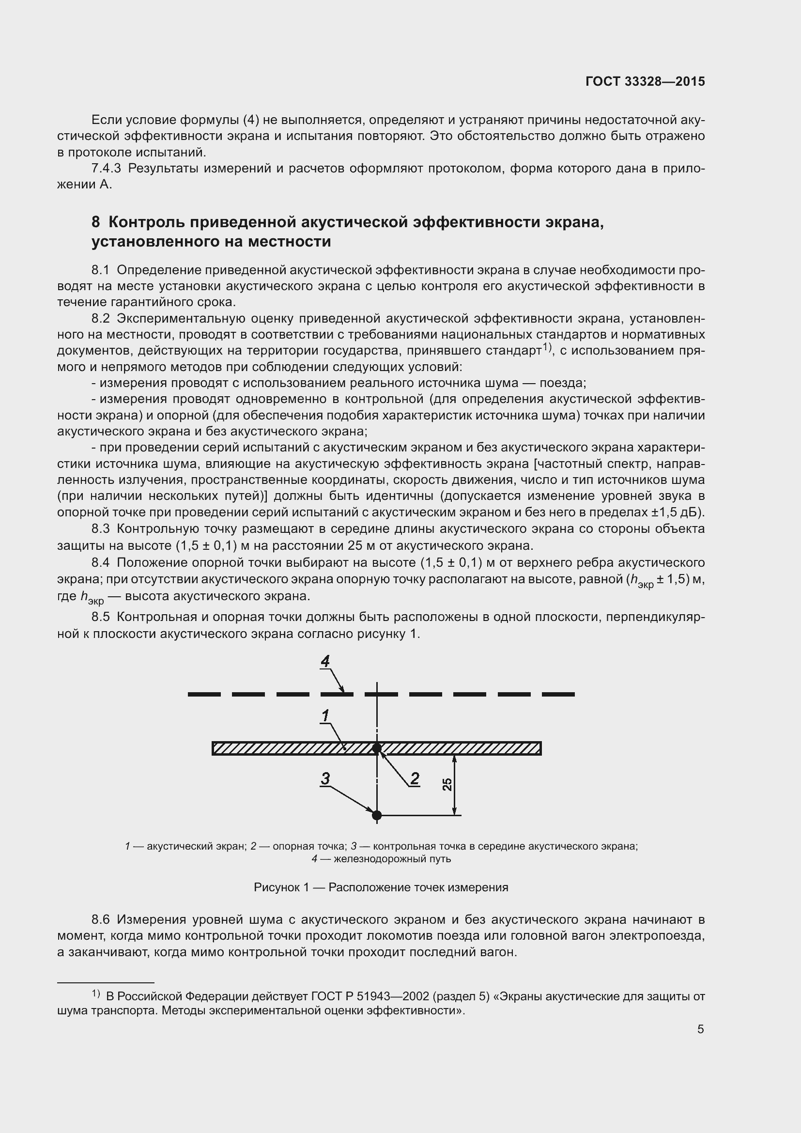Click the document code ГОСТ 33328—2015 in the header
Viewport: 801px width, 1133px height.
645,81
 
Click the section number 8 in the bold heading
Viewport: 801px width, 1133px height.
96,222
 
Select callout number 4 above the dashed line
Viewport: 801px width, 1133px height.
325,661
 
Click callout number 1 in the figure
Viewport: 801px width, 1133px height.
325,715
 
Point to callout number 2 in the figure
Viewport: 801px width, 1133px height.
415,778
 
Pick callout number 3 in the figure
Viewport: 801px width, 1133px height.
325,778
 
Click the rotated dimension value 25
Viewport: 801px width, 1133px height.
447,784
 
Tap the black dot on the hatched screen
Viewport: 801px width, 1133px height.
377,748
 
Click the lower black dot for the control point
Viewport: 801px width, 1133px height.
377,815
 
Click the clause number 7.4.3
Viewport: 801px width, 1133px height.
106,169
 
